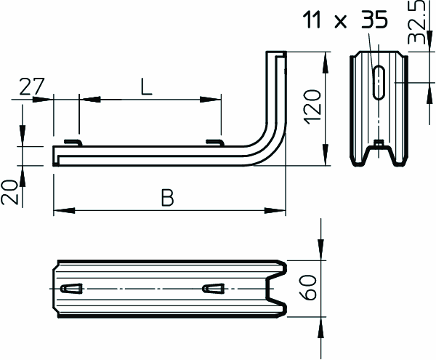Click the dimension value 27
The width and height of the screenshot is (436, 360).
point(32,87)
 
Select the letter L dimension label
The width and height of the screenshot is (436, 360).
point(146,87)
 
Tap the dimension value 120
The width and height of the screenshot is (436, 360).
point(312,107)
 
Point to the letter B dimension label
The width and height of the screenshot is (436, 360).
point(167,198)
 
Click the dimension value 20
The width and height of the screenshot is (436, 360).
point(9,192)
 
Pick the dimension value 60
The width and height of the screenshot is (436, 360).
point(308,288)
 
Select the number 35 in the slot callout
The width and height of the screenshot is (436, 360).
point(374,20)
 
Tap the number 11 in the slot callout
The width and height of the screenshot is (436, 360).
point(312,20)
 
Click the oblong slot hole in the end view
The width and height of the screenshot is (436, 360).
point(379,83)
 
